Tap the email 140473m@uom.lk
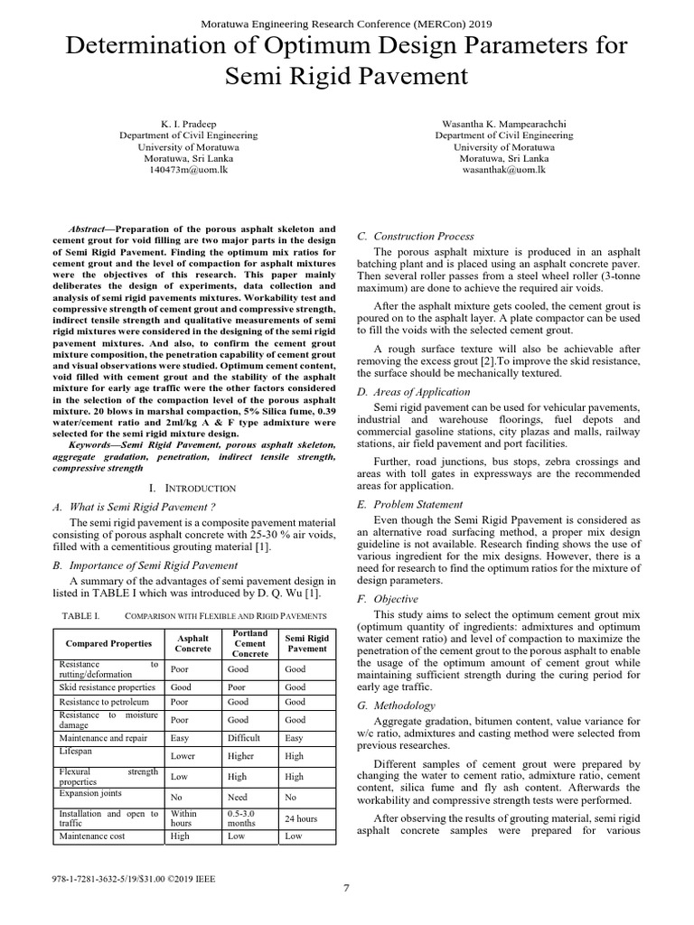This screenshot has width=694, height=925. (x=188, y=169)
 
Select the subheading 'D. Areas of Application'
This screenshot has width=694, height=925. (x=414, y=392)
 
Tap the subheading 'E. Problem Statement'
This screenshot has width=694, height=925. (x=409, y=504)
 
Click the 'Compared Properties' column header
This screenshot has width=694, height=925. (x=107, y=643)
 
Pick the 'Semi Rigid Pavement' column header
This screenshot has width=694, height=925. (x=307, y=643)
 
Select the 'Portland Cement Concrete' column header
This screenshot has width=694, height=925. (x=249, y=643)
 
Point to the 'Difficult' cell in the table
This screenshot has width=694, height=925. (x=245, y=737)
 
